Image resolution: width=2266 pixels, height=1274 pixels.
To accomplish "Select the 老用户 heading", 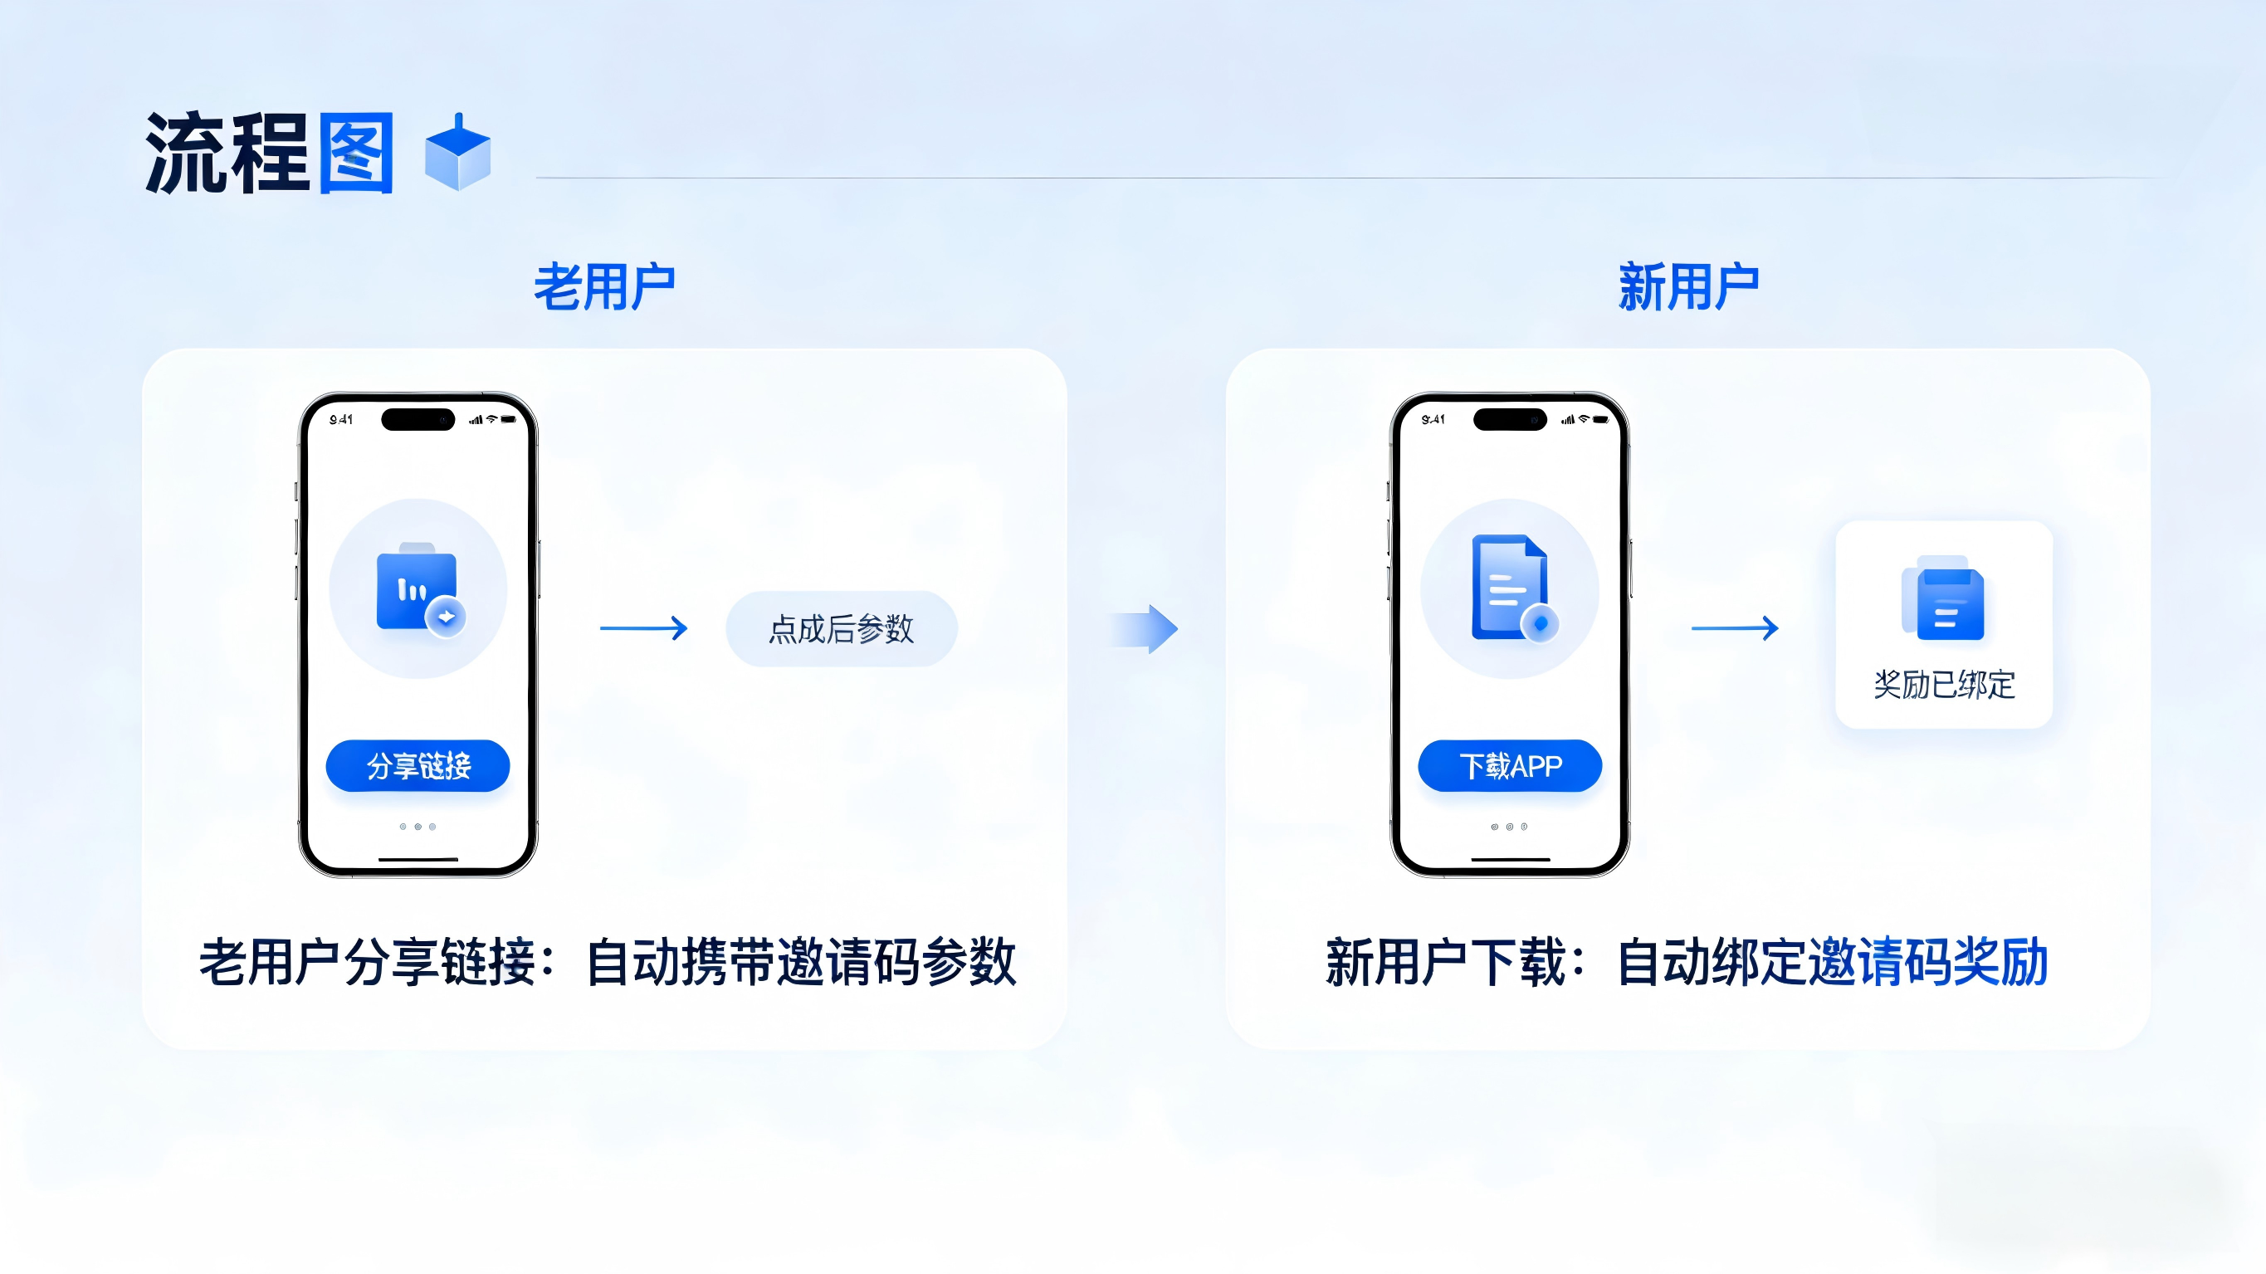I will click(604, 287).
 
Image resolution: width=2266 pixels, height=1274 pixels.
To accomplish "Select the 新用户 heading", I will click(1688, 287).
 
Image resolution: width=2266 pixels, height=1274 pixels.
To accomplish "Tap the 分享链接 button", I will click(418, 765).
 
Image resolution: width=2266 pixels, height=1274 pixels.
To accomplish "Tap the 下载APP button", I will click(1510, 765).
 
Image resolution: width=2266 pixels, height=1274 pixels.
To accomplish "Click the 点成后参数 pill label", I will click(841, 629).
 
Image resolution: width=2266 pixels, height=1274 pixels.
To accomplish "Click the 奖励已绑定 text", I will click(1944, 684).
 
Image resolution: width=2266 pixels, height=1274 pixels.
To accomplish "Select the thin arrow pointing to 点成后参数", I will click(643, 628).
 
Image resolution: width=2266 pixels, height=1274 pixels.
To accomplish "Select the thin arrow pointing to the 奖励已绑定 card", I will click(1735, 628).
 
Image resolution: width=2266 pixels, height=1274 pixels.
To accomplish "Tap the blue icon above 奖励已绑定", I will click(1943, 598).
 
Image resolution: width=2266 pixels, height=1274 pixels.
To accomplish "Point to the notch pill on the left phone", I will click(418, 420).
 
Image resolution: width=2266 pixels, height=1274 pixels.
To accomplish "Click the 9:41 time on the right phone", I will click(1433, 420).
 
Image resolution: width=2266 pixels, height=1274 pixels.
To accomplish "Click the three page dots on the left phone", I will click(418, 827).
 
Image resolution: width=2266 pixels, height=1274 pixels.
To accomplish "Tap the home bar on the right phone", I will click(1510, 859).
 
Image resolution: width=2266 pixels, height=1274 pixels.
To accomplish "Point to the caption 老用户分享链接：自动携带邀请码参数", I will click(607, 963).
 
